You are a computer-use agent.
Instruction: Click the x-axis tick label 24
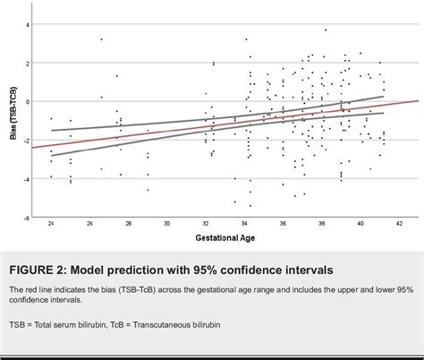(x=51, y=223)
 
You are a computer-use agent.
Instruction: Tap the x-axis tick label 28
(x=129, y=223)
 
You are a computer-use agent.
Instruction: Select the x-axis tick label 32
(x=206, y=223)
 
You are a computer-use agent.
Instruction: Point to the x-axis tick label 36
(x=283, y=223)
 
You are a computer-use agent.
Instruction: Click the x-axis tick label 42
(x=399, y=223)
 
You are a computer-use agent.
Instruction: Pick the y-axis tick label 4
(x=27, y=24)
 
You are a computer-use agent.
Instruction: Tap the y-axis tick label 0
(x=27, y=101)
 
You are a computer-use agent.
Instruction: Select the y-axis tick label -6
(x=26, y=217)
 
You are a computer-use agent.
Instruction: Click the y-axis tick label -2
(x=26, y=140)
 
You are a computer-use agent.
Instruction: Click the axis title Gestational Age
(x=224, y=238)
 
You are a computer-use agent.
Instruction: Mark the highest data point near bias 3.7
(x=326, y=30)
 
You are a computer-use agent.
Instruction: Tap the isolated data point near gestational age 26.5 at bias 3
(x=101, y=39)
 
